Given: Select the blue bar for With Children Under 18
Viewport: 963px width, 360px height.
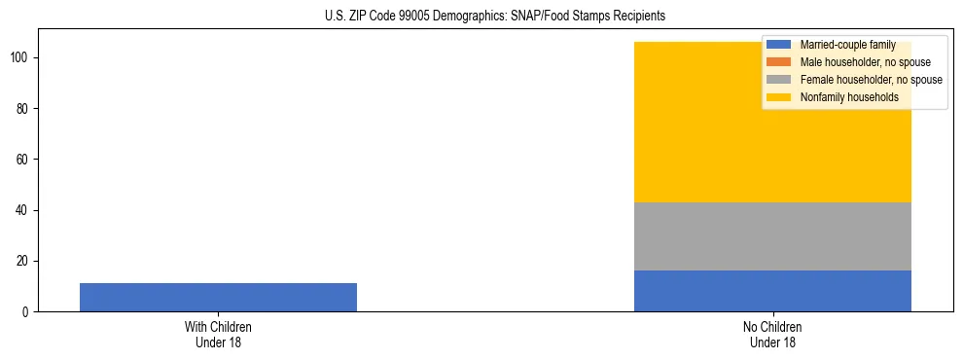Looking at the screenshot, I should (x=218, y=297).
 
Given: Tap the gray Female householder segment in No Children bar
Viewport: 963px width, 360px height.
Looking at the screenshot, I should (x=772, y=236).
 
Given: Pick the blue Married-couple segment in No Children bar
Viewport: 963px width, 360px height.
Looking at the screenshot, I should (x=772, y=291).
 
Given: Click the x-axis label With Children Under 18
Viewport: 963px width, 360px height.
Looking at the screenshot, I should (x=218, y=334).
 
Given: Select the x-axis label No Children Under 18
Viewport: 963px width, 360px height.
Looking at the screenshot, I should (x=772, y=334).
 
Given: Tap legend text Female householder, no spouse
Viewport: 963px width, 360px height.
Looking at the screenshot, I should (x=871, y=80).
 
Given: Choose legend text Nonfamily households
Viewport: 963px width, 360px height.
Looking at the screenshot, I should (x=849, y=97).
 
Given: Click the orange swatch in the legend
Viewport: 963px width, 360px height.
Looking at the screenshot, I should (x=779, y=62).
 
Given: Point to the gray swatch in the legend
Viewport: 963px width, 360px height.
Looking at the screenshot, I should (x=779, y=80).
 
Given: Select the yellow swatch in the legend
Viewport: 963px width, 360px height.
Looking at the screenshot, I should (x=779, y=97).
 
